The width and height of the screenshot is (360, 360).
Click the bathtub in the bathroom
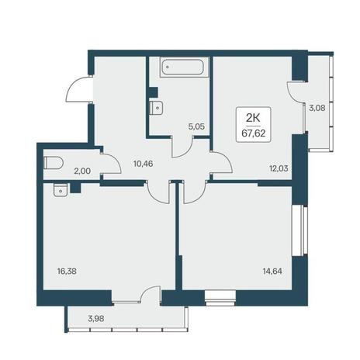pyautogui.click(x=182, y=67)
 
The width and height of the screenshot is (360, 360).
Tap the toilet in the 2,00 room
pyautogui.click(x=54, y=163)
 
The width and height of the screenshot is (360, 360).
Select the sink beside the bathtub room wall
pyautogui.click(x=156, y=108)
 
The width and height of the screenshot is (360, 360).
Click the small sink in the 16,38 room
pyautogui.click(x=61, y=190)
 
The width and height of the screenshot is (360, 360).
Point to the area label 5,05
pyautogui.click(x=197, y=126)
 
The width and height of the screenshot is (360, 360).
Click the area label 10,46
pyautogui.click(x=144, y=164)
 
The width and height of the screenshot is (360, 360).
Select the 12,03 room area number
pyautogui.click(x=279, y=168)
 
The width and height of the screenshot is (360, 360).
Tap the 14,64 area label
pyautogui.click(x=272, y=271)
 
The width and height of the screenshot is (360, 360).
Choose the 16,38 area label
pyautogui.click(x=67, y=271)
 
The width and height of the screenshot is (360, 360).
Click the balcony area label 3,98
pyautogui.click(x=96, y=318)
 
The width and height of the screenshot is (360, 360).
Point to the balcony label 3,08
pyautogui.click(x=317, y=108)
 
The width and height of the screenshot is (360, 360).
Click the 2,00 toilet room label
pyautogui.click(x=82, y=171)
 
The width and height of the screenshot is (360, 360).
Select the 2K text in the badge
pyautogui.click(x=253, y=119)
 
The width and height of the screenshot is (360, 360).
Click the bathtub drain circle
pyautogui.click(x=168, y=67)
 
